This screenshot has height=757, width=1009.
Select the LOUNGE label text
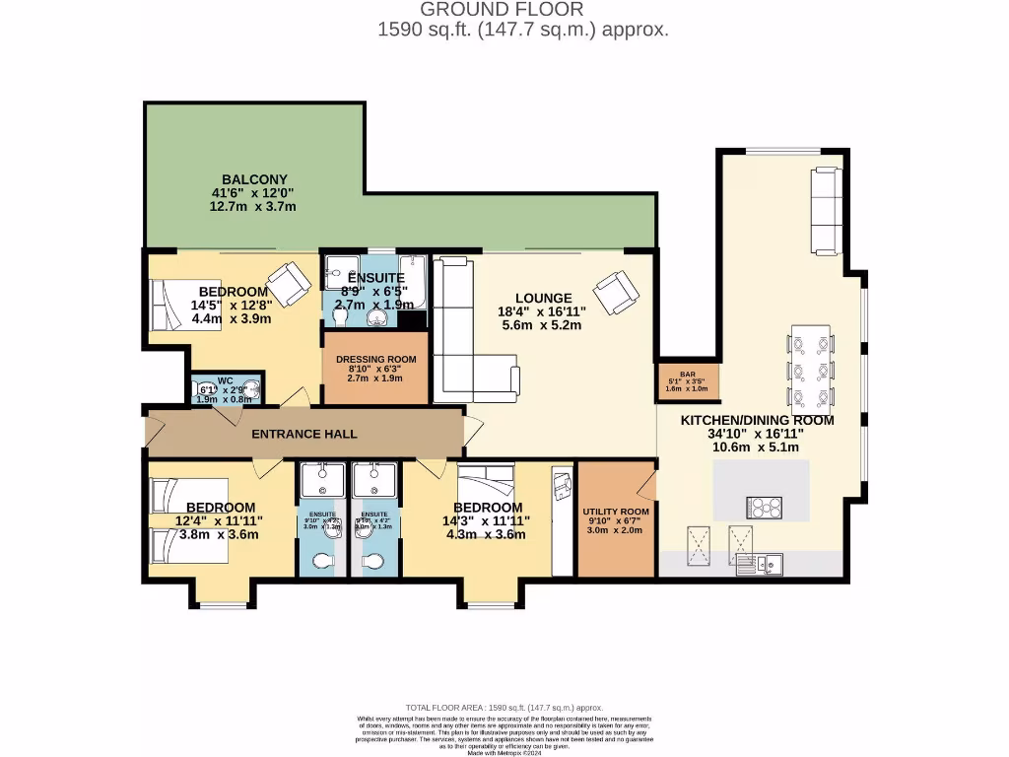coord(543,298)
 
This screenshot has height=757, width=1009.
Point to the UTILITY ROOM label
coord(616,513)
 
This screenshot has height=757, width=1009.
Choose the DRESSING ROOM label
coord(377,360)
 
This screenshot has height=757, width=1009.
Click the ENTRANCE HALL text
coord(303,435)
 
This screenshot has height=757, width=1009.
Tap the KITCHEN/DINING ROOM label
coord(758,420)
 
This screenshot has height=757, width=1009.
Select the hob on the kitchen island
coord(766,508)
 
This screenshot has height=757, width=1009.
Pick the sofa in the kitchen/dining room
coord(825,209)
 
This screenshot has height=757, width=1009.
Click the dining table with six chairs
coord(808,371)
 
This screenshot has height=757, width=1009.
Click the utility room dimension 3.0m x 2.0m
coord(616,529)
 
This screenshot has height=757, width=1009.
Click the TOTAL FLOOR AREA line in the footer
coord(504,708)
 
